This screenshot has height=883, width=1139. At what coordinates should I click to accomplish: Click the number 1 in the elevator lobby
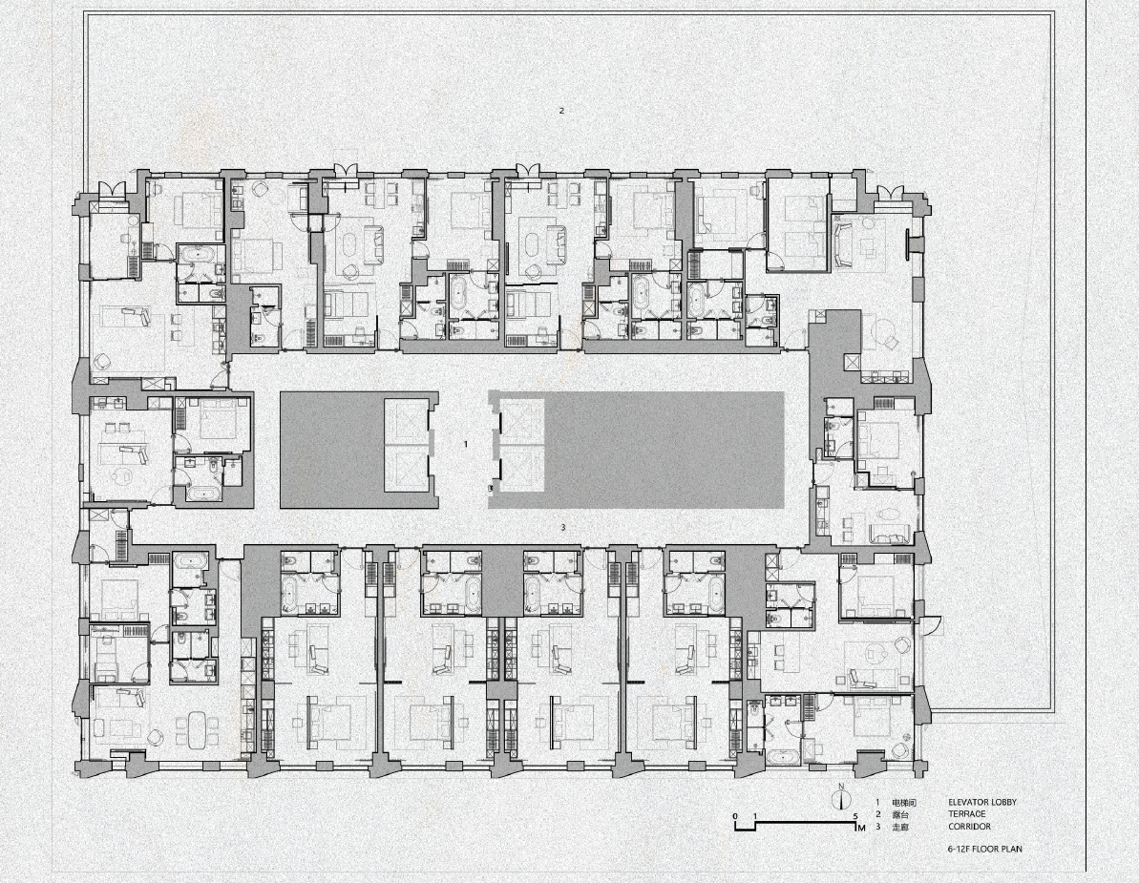point(466,444)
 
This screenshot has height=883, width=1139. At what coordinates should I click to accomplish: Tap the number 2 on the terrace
point(561,111)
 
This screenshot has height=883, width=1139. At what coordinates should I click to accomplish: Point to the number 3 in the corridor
point(563,527)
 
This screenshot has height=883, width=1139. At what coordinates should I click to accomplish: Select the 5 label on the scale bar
point(855,816)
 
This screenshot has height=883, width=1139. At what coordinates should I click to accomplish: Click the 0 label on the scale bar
point(735,816)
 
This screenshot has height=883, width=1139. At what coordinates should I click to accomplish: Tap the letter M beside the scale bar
point(861,828)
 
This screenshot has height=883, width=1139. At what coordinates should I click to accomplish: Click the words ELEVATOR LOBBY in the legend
point(981,803)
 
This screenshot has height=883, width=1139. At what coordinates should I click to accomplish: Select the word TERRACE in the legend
point(968,814)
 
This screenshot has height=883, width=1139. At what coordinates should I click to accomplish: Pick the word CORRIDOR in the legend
point(969,827)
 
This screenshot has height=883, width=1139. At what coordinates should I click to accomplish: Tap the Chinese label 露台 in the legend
point(900,814)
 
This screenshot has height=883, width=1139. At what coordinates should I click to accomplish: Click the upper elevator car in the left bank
point(409,421)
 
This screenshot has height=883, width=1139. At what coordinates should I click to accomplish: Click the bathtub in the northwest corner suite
point(199,254)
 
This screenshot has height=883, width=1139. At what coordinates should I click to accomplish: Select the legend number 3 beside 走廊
point(877,827)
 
